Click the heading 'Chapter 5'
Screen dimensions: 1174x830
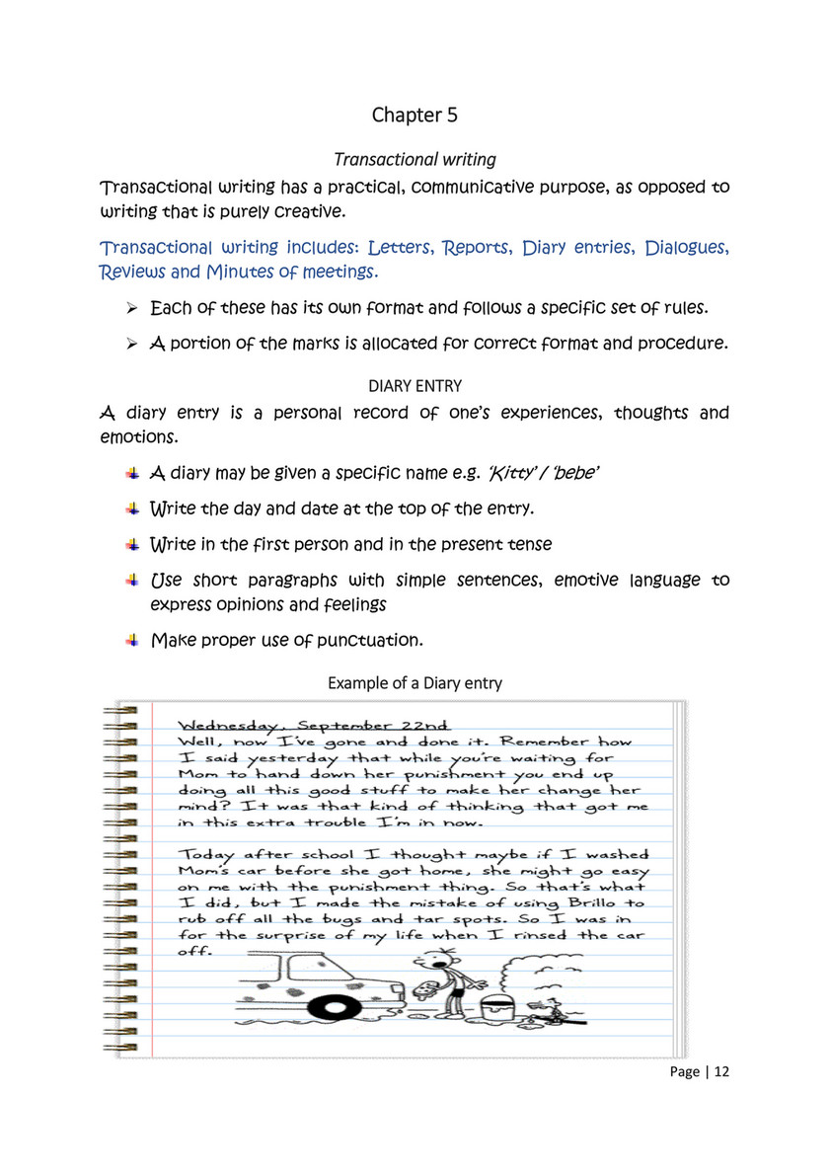click(x=415, y=116)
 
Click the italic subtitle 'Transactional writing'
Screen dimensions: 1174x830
click(x=415, y=159)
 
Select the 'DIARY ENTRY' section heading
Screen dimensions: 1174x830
click(x=415, y=385)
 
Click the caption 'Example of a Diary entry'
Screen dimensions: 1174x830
click(x=415, y=682)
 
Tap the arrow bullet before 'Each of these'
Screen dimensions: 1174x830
click(x=130, y=309)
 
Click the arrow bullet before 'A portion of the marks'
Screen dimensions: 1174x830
click(x=130, y=344)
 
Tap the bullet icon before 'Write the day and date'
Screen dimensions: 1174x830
click(x=131, y=509)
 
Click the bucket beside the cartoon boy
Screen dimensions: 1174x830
click(x=491, y=1010)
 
